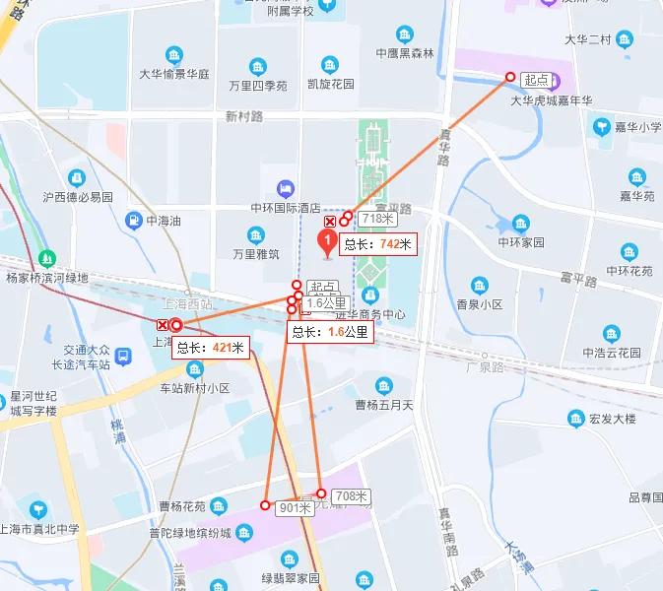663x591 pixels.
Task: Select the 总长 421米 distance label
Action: pyautogui.click(x=210, y=347)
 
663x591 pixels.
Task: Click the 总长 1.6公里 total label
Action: pyautogui.click(x=330, y=333)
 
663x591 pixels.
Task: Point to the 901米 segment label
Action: pyautogui.click(x=296, y=508)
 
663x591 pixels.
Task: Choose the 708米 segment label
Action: pyautogui.click(x=351, y=495)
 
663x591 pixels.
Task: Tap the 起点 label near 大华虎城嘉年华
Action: pyautogui.click(x=537, y=79)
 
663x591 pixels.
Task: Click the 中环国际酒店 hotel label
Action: pyautogui.click(x=285, y=208)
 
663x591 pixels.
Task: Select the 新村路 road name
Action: pyautogui.click(x=244, y=116)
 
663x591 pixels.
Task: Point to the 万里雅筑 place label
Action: pyautogui.click(x=256, y=253)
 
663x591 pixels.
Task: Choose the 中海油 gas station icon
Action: pyautogui.click(x=134, y=221)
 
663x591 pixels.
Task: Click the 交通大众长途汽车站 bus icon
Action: pyautogui.click(x=123, y=356)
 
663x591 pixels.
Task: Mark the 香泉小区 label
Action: pyautogui.click(x=475, y=304)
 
